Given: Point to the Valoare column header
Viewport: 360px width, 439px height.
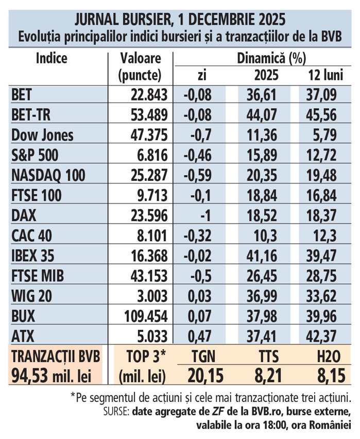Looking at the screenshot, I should click(x=140, y=58).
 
